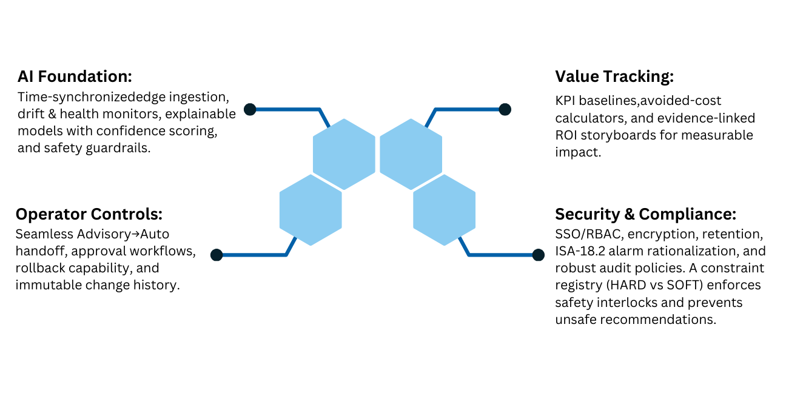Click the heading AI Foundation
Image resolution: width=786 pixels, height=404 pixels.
[75, 77]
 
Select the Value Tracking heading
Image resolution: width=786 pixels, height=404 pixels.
[614, 77]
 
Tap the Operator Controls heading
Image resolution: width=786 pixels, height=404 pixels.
[89, 214]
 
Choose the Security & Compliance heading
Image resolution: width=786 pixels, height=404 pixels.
[646, 214]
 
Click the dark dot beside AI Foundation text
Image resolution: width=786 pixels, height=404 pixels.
[250, 109]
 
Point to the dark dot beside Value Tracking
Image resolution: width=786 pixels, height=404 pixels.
[505, 109]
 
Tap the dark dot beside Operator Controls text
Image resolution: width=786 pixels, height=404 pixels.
[217, 255]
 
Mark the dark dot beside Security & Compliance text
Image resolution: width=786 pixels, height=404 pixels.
[538, 255]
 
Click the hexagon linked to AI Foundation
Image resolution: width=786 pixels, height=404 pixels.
[344, 154]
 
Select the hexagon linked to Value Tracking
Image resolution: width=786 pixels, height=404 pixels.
[411, 154]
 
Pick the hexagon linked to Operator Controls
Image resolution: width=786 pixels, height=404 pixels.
[311, 210]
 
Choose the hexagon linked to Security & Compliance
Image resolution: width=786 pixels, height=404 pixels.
[444, 210]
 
